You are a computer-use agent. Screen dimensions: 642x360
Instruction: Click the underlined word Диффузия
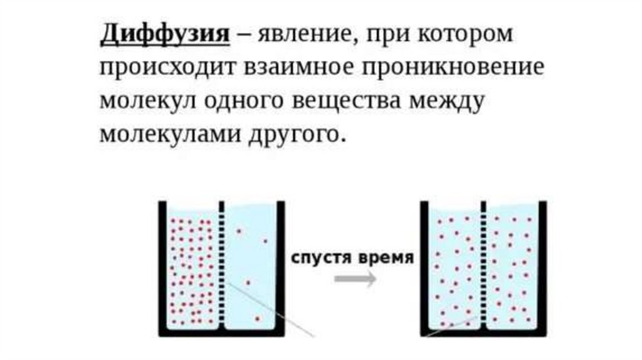coord(164,35)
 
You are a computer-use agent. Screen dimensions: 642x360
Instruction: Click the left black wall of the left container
coord(162,267)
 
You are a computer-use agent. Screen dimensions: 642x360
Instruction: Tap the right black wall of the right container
coord(542,267)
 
